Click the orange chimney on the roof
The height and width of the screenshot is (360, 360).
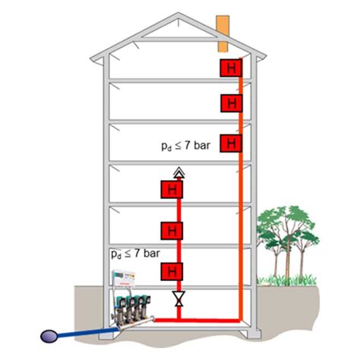coord(223,33)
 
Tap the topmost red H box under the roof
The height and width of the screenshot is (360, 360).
coord(231,68)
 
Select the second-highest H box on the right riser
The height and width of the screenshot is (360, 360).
coord(231,103)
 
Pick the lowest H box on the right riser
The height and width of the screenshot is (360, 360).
coord(231,144)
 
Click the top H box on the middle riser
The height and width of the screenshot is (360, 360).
coord(172,189)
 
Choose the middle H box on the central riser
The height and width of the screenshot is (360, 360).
coord(172,231)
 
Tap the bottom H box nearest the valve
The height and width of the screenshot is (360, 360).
coord(172,271)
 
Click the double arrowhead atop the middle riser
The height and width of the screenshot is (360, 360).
coord(179,172)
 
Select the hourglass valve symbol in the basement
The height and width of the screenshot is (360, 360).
coord(178,298)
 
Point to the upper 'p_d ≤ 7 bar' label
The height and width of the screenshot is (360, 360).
coord(186,146)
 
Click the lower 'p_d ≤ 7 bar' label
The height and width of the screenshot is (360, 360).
coord(135,254)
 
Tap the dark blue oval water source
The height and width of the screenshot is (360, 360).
coord(49,336)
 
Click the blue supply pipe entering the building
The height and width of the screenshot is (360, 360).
coord(88,333)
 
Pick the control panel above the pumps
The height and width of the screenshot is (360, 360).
coord(124,278)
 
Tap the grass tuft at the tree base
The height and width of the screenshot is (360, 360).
coord(286,280)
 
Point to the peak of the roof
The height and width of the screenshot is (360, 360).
coord(178,13)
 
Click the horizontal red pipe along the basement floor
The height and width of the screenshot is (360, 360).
coord(197,321)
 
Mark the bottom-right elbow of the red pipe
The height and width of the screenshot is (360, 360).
coord(240,321)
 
